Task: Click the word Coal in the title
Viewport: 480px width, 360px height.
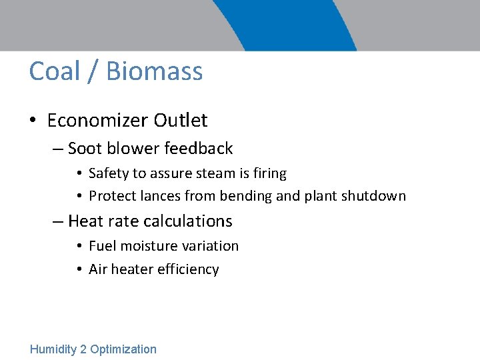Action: (54, 71)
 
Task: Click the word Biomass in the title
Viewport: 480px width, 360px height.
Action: (154, 71)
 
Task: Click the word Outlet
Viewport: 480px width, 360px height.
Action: (181, 120)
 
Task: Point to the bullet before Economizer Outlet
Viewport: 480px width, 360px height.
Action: (32, 121)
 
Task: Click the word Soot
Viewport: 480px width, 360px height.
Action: (83, 148)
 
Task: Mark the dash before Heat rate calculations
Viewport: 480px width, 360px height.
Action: (58, 221)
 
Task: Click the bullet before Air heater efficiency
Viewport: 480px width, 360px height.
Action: (79, 269)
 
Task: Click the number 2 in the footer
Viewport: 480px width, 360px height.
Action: (83, 349)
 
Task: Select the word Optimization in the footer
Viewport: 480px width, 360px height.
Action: (123, 349)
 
